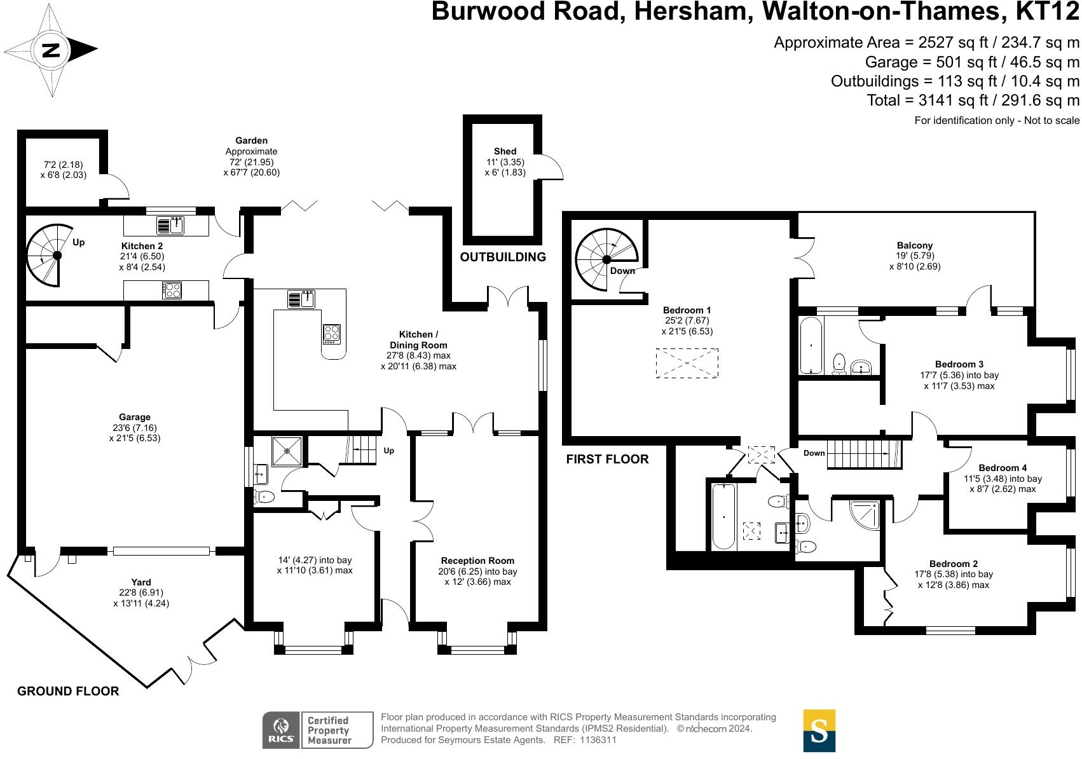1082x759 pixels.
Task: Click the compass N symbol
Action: [51, 50]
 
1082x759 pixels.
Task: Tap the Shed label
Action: [505, 151]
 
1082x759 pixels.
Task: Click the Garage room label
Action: [134, 418]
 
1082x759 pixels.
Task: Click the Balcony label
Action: [914, 245]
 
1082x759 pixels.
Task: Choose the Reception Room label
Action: [477, 561]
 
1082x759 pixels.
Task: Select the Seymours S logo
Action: [819, 730]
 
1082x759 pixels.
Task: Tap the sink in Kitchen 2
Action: [170, 225]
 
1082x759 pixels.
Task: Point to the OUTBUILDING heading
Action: [503, 257]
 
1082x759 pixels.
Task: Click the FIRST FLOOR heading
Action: [607, 459]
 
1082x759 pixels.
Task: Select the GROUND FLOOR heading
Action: [68, 691]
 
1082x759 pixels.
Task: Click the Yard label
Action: [141, 582]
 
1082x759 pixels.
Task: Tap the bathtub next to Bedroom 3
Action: [811, 345]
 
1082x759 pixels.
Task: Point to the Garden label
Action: [251, 140]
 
